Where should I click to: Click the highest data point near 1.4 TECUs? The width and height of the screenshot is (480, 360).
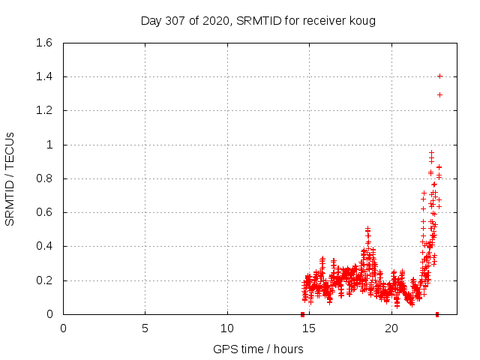coord(439,76)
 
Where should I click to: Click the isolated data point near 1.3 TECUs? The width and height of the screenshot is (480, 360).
coord(439,94)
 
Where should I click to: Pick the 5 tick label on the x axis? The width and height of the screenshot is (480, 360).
coord(145,328)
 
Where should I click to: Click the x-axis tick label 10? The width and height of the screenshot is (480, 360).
coord(227,328)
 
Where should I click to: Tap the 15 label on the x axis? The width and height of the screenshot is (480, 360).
coord(309,328)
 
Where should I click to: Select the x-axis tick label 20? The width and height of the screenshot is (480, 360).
coord(391,328)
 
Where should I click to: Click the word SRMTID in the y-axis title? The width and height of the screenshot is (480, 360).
coord(10,202)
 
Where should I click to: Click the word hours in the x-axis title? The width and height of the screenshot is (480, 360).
coord(288,349)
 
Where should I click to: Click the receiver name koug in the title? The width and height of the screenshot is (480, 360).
coord(361,20)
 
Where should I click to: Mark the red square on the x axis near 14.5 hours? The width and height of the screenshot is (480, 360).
coord(302,314)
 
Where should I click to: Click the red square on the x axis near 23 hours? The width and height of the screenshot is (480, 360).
coord(437,314)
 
